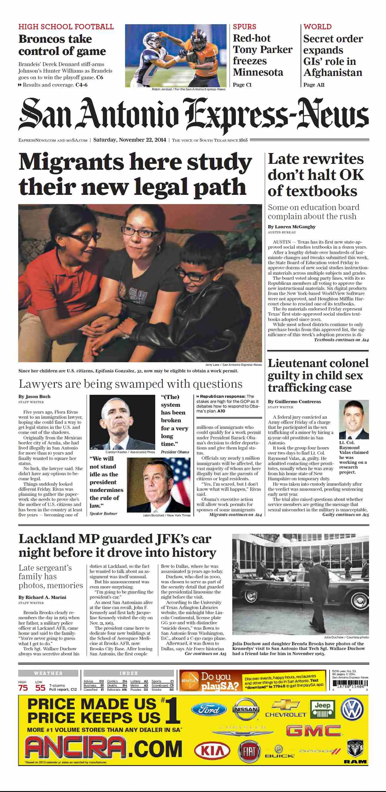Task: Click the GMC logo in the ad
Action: (313, 731)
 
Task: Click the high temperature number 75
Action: (23, 688)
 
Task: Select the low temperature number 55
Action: (40, 688)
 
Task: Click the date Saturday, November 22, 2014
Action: (130, 140)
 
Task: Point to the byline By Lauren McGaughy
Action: (291, 227)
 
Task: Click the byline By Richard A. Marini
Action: (42, 597)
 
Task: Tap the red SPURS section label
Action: (244, 27)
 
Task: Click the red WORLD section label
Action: (318, 27)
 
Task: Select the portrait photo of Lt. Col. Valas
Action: (354, 419)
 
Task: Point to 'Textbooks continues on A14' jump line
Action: (341, 340)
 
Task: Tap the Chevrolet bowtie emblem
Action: (286, 704)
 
